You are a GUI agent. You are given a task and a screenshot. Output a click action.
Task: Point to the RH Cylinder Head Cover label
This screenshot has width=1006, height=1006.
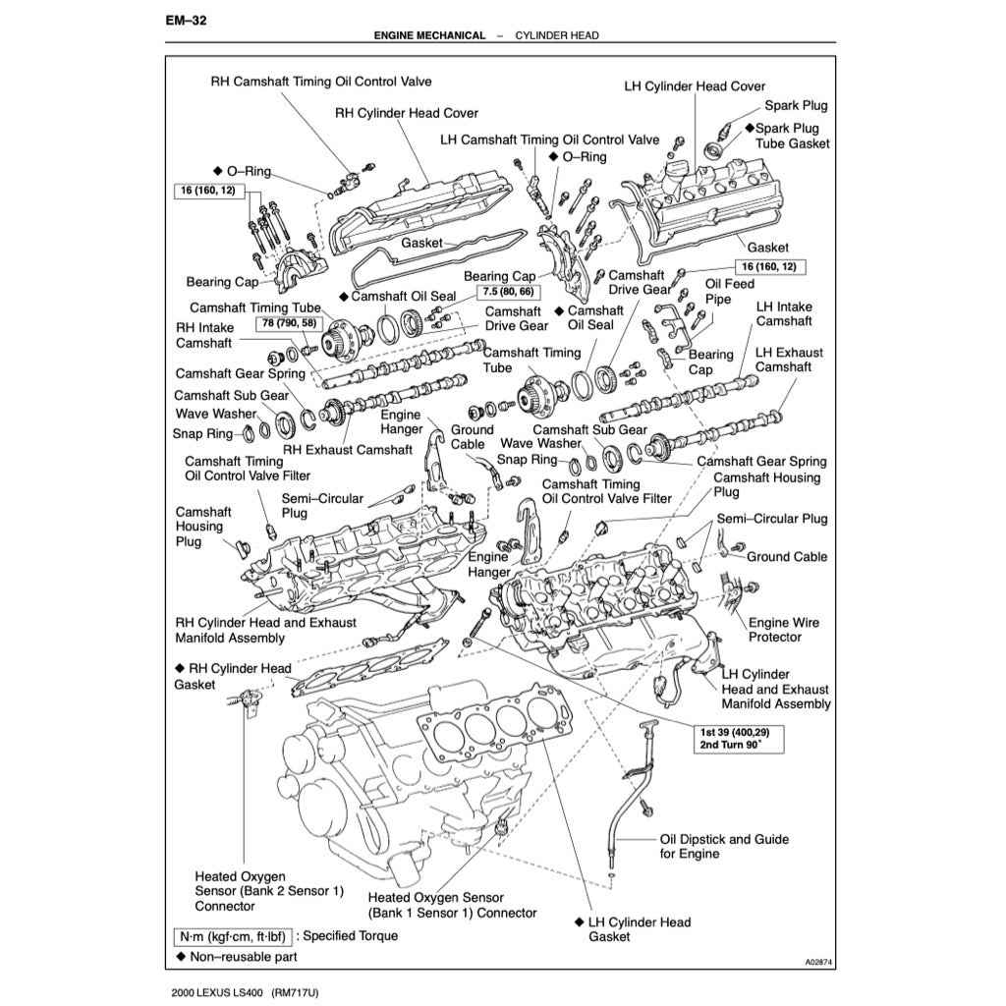407,113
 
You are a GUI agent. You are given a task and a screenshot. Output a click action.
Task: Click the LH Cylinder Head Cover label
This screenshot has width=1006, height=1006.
695,86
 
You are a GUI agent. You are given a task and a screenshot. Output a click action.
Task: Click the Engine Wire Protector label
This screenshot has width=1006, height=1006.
783,630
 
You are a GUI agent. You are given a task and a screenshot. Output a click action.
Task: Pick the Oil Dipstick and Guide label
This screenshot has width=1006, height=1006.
723,847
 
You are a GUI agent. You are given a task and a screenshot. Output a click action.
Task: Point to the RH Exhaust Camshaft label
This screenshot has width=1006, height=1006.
348,450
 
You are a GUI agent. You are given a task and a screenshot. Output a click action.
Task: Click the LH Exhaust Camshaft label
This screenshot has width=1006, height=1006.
789,360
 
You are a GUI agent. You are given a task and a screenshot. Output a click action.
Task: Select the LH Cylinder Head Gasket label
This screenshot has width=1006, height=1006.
639,929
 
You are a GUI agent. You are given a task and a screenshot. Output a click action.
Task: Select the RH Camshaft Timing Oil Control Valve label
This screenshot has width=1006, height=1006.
321,82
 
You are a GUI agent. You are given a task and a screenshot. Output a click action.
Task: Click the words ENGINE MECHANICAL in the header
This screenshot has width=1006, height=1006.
429,35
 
